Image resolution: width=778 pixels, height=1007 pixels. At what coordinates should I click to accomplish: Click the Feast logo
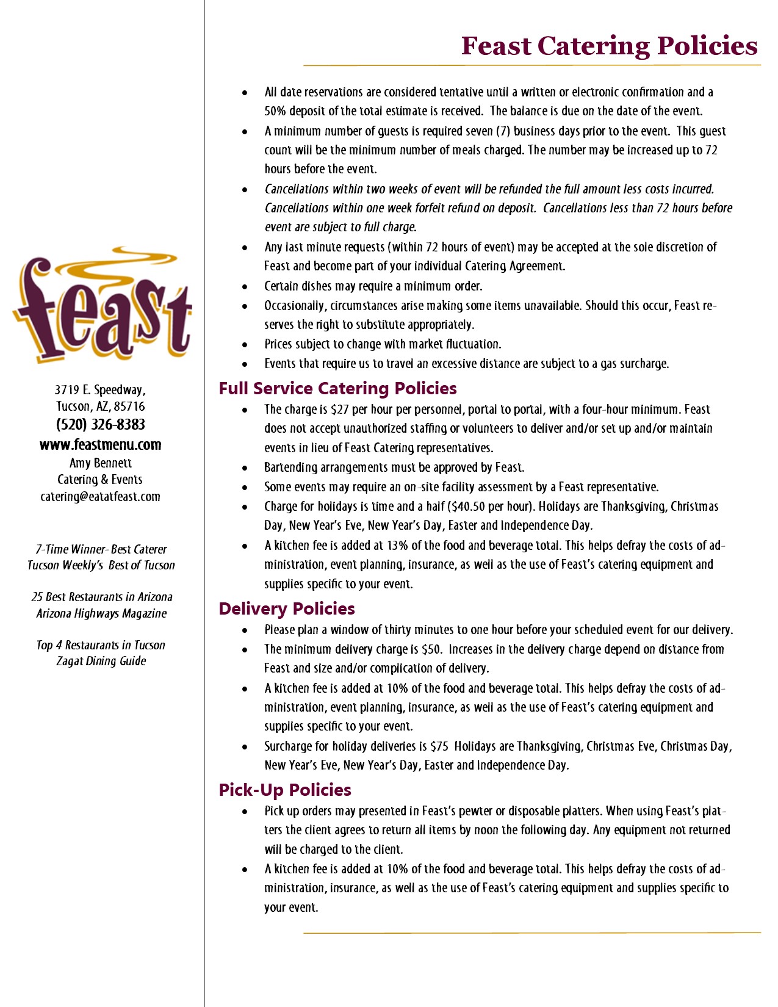[102, 305]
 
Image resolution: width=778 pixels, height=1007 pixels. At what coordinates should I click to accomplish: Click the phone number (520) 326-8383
[101, 425]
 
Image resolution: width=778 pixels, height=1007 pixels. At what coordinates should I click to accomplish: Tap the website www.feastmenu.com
[101, 445]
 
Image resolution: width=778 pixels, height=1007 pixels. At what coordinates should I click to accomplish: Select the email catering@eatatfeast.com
[101, 497]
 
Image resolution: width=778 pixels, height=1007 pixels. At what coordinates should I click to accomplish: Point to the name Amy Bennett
[101, 463]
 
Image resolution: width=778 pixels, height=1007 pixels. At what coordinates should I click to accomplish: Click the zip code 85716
[129, 406]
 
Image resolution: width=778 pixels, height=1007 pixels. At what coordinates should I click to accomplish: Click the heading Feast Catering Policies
[609, 46]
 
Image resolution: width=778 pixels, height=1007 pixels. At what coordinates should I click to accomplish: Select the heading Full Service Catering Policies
[337, 389]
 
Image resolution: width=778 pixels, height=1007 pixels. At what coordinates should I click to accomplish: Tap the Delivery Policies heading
[287, 608]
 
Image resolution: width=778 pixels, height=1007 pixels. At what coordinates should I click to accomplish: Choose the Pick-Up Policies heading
[285, 790]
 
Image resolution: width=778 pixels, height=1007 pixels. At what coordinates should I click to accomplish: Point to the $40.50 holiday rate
[469, 507]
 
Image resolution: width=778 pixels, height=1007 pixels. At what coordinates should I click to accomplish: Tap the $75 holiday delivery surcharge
[439, 746]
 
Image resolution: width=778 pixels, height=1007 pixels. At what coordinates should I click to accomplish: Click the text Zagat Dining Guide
[101, 661]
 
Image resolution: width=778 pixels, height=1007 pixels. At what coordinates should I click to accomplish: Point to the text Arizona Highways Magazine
[101, 613]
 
